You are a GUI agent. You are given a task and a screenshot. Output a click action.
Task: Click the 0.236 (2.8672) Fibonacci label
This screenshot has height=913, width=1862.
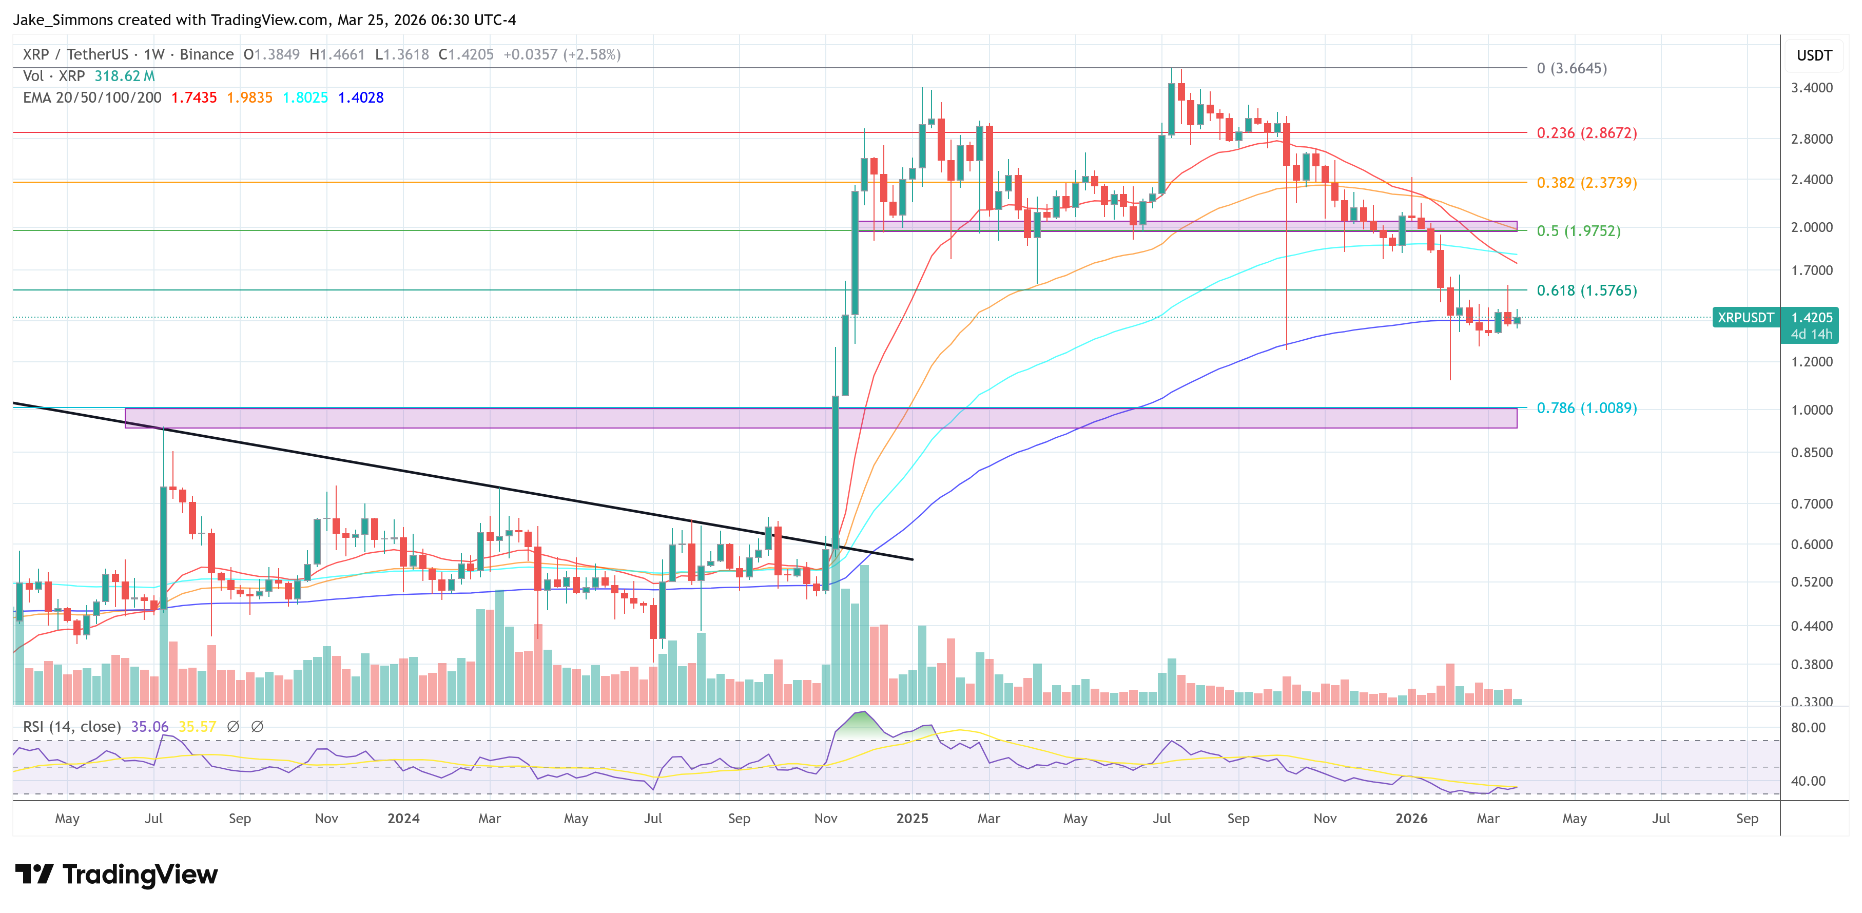(1586, 133)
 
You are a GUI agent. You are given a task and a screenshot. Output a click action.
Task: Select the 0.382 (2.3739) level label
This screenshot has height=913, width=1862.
(1586, 182)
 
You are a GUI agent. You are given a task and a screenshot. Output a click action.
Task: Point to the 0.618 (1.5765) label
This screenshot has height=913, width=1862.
(1586, 290)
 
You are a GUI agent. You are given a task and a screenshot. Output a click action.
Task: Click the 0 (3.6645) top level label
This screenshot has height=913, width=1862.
(1572, 68)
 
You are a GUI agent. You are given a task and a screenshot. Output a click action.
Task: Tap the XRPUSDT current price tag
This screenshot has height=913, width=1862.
(1745, 317)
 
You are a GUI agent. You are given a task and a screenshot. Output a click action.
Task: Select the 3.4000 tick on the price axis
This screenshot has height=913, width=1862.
(1811, 87)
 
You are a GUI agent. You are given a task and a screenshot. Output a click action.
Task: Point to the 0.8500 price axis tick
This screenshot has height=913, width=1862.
(1811, 453)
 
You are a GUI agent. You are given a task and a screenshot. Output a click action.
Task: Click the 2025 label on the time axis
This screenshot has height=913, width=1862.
(911, 818)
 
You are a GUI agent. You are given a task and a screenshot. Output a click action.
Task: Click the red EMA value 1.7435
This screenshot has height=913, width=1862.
(193, 98)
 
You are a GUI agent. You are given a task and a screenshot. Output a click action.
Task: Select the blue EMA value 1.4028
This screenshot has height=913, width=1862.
(361, 98)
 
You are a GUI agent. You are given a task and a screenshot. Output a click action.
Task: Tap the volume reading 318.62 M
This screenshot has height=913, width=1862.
(124, 76)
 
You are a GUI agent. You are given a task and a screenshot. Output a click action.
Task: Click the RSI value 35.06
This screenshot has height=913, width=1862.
(149, 727)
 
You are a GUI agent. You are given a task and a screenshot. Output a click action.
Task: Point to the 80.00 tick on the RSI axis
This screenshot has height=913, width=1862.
(1807, 727)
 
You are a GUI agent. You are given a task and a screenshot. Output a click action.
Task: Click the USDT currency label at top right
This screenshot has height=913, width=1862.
(1814, 55)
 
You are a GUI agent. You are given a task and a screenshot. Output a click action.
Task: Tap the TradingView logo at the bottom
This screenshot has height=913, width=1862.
(115, 874)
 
